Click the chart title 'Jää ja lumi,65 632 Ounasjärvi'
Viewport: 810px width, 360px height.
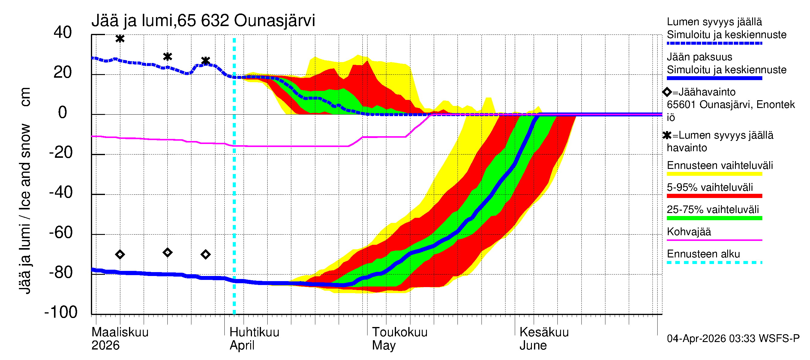click(203, 21)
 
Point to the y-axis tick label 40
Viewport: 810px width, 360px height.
click(63, 32)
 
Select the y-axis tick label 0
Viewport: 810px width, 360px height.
click(63, 112)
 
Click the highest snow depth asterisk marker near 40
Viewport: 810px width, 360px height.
click(120, 39)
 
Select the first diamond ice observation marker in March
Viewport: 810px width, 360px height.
click(120, 254)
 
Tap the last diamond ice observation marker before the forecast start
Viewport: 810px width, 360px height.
click(205, 254)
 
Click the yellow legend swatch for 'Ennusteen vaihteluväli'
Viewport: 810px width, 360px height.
click(714, 174)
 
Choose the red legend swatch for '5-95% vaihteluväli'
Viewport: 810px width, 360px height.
click(714, 196)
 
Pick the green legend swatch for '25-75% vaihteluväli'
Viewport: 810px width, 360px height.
click(714, 218)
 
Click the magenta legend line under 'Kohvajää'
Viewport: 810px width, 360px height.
click(714, 240)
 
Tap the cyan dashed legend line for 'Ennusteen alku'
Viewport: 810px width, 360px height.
click(714, 262)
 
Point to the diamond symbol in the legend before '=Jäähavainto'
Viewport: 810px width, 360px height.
click(667, 92)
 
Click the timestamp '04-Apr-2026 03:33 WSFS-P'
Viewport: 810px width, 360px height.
click(733, 339)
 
